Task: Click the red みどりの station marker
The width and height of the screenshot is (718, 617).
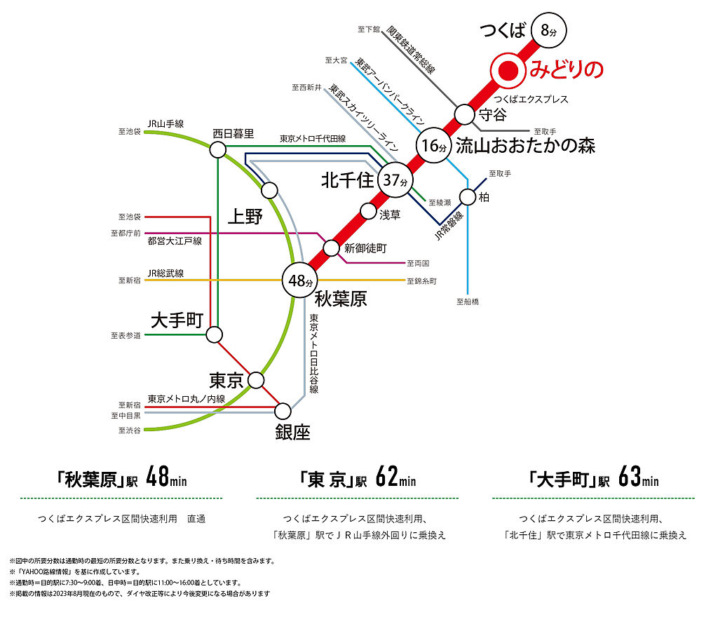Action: pos(508,71)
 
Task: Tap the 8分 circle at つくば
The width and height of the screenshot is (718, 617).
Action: pos(548,30)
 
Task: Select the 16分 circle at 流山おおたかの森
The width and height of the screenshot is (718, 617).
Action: pos(433,145)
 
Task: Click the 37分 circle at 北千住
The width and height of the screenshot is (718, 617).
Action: pos(395,180)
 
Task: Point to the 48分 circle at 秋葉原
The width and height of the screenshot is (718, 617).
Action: pos(300,280)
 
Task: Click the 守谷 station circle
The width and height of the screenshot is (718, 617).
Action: pos(464,114)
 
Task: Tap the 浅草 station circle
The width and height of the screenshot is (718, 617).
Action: pos(368,212)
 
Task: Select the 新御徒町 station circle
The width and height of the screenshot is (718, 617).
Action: pos(331,248)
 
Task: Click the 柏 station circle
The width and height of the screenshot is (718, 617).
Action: pos(468,197)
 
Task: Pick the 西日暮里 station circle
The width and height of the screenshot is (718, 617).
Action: pos(217,149)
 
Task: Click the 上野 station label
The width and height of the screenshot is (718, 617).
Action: pos(245,216)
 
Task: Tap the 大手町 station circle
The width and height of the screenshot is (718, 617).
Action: pos(214,334)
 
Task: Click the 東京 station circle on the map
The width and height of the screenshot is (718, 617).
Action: pos(255,380)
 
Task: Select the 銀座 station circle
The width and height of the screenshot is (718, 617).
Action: pos(283,411)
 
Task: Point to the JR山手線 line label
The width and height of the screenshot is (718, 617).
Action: pos(165,123)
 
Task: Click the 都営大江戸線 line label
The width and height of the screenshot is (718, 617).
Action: pos(175,240)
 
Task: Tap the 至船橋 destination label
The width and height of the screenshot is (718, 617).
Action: pos(468,301)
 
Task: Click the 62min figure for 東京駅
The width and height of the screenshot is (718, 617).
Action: pos(395,477)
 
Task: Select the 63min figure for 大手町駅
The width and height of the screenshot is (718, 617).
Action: pos(638,477)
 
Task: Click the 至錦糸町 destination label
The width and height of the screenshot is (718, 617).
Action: pos(421,281)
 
